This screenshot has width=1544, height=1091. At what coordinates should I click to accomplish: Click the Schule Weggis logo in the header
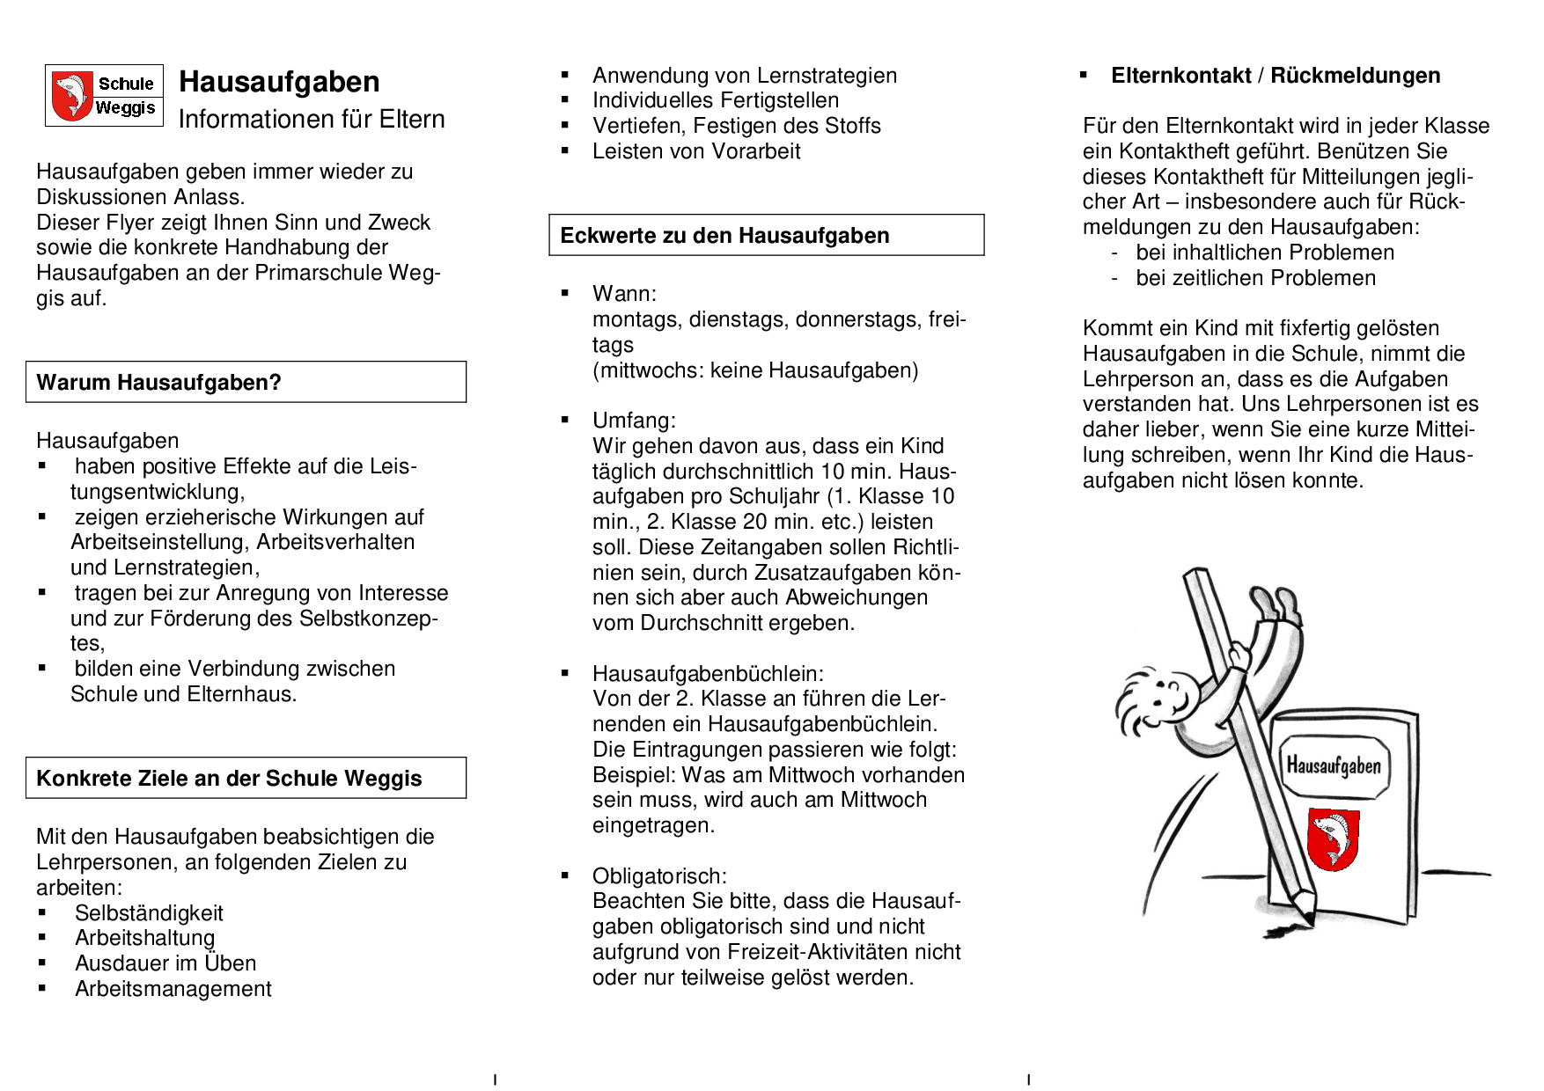pos(104,95)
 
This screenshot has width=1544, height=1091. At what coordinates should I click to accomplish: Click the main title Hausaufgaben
pos(279,82)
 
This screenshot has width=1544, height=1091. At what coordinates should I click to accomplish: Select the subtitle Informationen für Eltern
pos(312,120)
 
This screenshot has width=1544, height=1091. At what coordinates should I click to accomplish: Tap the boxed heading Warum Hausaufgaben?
pos(158,383)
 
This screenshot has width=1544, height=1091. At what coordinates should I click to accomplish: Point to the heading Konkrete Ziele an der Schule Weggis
pos(229,779)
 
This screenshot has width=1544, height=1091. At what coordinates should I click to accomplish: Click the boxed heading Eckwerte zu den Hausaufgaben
pos(724,236)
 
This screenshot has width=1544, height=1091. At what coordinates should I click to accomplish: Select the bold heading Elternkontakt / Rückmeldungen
pos(1276,76)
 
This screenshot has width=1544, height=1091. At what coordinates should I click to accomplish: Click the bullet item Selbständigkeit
pos(149,913)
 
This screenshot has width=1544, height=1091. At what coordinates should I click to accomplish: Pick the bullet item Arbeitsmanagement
pos(173,989)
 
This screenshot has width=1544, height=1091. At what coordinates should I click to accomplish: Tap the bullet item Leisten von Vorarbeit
pos(696,151)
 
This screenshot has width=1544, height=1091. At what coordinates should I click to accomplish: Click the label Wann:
pos(624,294)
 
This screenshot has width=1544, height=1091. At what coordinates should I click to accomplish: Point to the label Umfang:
pos(634,421)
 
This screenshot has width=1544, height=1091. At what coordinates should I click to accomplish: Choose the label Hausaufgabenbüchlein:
pos(708,674)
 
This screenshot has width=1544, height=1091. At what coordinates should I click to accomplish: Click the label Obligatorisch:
pos(659,876)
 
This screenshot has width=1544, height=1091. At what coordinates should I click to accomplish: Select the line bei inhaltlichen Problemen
pos(1265,253)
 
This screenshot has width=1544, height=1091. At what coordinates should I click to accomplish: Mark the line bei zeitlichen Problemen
pos(1255,279)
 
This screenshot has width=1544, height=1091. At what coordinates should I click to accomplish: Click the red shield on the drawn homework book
pos(1333,838)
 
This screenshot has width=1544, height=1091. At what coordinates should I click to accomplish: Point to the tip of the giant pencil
pos(1310,920)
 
